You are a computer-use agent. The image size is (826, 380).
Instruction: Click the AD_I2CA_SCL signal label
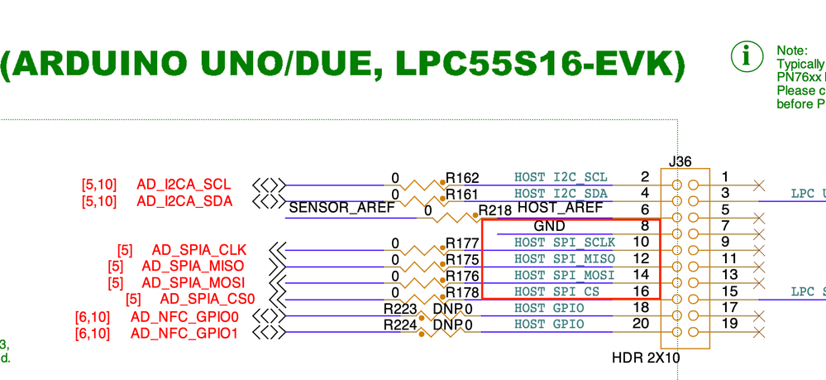pyautogui.click(x=184, y=185)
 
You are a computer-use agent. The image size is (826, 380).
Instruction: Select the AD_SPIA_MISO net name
pyautogui.click(x=193, y=266)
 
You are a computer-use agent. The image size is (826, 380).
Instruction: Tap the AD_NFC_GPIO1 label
pyautogui.click(x=184, y=333)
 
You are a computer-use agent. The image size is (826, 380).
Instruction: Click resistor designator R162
pyautogui.click(x=462, y=178)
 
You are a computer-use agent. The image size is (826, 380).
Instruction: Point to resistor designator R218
pyautogui.click(x=495, y=210)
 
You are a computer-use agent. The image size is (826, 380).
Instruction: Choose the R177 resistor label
pyautogui.click(x=462, y=243)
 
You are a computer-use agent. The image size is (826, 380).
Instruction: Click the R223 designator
pyautogui.click(x=400, y=309)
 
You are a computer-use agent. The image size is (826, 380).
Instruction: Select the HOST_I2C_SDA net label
pyautogui.click(x=561, y=194)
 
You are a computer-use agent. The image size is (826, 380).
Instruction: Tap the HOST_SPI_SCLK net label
pyautogui.click(x=564, y=243)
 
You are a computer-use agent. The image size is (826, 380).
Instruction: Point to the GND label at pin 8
pyautogui.click(x=549, y=226)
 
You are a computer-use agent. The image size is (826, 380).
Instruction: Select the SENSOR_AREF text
pyautogui.click(x=341, y=208)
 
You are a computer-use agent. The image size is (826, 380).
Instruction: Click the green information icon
pyautogui.click(x=747, y=56)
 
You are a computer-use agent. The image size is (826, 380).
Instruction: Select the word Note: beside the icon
pyautogui.click(x=792, y=51)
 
